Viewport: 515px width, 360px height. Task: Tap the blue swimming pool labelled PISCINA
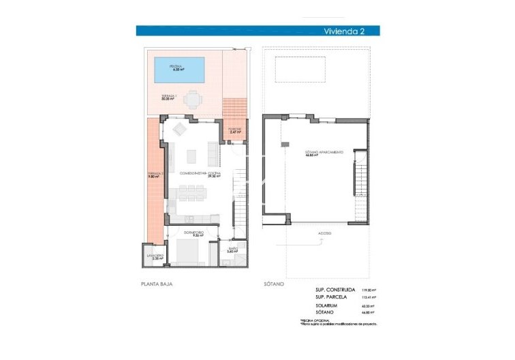[181, 68]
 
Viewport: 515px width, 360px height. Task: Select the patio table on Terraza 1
[193, 100]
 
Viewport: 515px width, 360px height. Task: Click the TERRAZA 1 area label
[170, 97]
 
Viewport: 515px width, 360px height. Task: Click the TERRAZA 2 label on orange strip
[155, 175]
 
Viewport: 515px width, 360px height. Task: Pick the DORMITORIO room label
[193, 233]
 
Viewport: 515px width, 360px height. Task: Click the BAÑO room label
[232, 250]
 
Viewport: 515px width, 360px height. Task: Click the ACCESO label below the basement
[324, 233]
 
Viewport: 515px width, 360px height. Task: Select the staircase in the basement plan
[360, 180]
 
